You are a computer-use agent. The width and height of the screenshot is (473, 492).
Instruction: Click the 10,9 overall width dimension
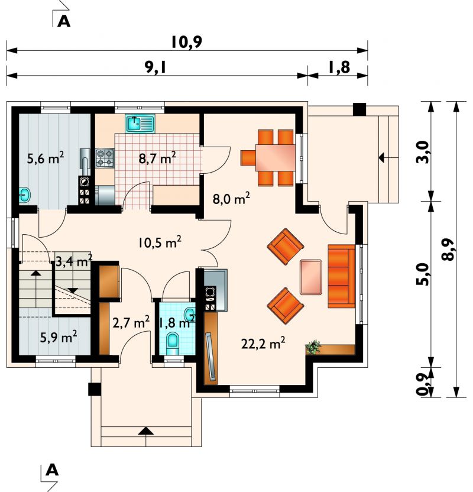click(x=187, y=42)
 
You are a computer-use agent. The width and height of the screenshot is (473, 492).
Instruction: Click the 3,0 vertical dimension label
click(x=422, y=152)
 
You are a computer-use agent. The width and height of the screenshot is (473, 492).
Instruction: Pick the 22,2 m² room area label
click(x=263, y=343)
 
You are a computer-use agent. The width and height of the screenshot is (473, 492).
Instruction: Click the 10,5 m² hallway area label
click(x=160, y=242)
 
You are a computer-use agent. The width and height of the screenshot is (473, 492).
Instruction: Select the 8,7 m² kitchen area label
click(x=157, y=158)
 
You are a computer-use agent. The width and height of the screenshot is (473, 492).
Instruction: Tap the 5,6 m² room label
click(x=46, y=158)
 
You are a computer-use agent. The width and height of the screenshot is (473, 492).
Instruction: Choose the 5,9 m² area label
click(x=59, y=337)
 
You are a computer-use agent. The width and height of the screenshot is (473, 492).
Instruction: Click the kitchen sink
click(x=140, y=124)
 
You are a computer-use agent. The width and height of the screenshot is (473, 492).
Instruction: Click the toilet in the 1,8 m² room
click(x=173, y=341)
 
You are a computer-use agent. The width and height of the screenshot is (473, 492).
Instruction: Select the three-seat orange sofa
click(x=341, y=276)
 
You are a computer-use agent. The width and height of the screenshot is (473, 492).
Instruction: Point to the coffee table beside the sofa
click(x=311, y=277)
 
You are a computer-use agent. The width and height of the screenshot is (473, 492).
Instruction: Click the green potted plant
click(x=314, y=347)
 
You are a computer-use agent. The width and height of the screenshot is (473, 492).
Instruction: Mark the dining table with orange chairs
click(x=275, y=157)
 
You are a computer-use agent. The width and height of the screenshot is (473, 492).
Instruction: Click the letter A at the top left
click(x=64, y=22)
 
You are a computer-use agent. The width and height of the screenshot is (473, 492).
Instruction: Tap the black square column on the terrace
click(x=359, y=109)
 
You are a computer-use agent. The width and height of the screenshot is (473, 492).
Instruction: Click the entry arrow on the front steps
click(x=146, y=431)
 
